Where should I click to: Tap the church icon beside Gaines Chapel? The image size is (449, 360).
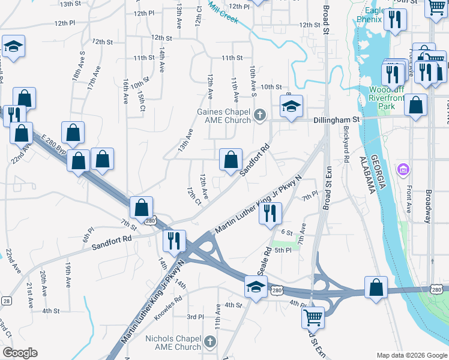(260, 115)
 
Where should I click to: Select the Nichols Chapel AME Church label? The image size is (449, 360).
(173, 343)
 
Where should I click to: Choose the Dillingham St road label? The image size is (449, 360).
(336, 120)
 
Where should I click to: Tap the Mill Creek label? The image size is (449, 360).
(223, 12)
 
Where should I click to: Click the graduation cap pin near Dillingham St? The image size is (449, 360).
(291, 107)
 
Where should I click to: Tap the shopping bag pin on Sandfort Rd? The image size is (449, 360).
(231, 160)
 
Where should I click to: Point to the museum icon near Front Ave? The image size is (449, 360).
(403, 170)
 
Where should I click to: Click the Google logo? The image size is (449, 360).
(20, 353)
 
